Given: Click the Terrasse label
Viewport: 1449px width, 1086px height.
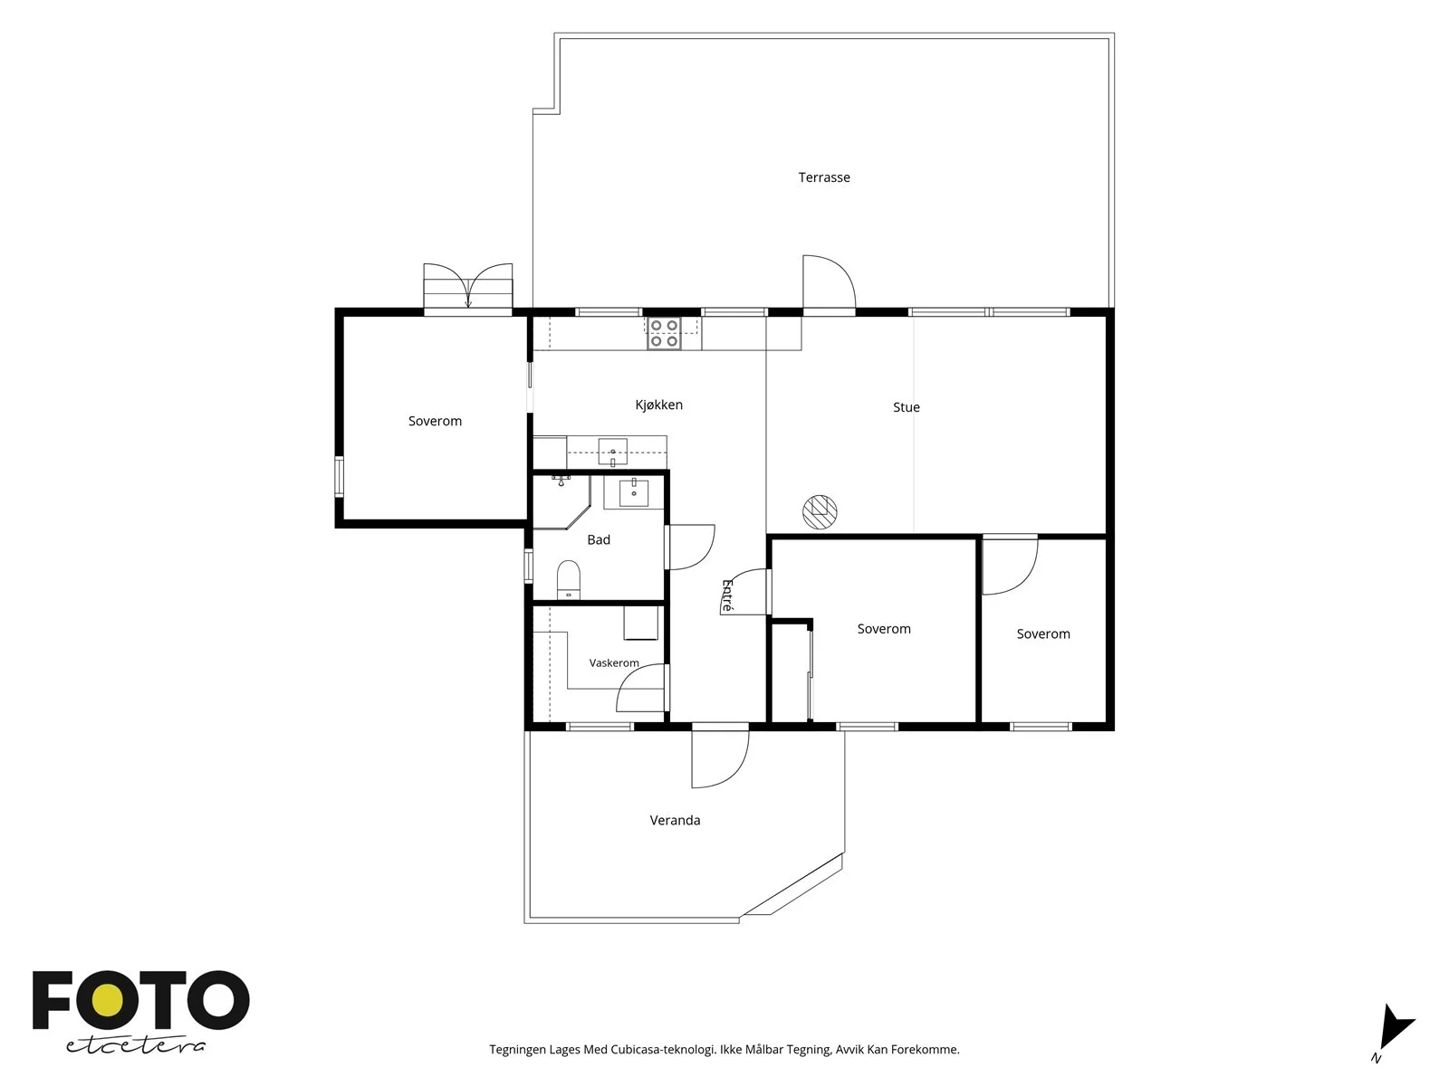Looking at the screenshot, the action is pos(824,177).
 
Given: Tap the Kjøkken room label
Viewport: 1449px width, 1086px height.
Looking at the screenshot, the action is pos(658,405).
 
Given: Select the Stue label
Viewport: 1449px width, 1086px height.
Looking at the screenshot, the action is pos(906,407).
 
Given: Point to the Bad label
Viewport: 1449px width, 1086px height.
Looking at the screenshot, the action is pos(599,540).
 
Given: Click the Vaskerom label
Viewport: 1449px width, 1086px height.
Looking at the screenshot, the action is pos(614,663).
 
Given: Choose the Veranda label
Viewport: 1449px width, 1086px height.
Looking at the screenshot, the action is pos(675,820).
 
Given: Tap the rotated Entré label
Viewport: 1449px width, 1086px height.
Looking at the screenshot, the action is pos(727,595).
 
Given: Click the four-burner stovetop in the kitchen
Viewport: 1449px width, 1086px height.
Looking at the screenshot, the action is pos(664,334).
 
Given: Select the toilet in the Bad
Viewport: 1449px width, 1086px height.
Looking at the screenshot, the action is pos(569,579).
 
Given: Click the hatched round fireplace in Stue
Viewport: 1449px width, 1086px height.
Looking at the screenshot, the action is pos(820,511).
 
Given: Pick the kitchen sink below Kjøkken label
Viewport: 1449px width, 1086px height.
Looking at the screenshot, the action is pos(612,452).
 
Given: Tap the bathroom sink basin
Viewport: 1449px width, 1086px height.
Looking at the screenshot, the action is pos(634,492).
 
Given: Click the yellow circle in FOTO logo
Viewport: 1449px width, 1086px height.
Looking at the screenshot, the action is pos(108,1001).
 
